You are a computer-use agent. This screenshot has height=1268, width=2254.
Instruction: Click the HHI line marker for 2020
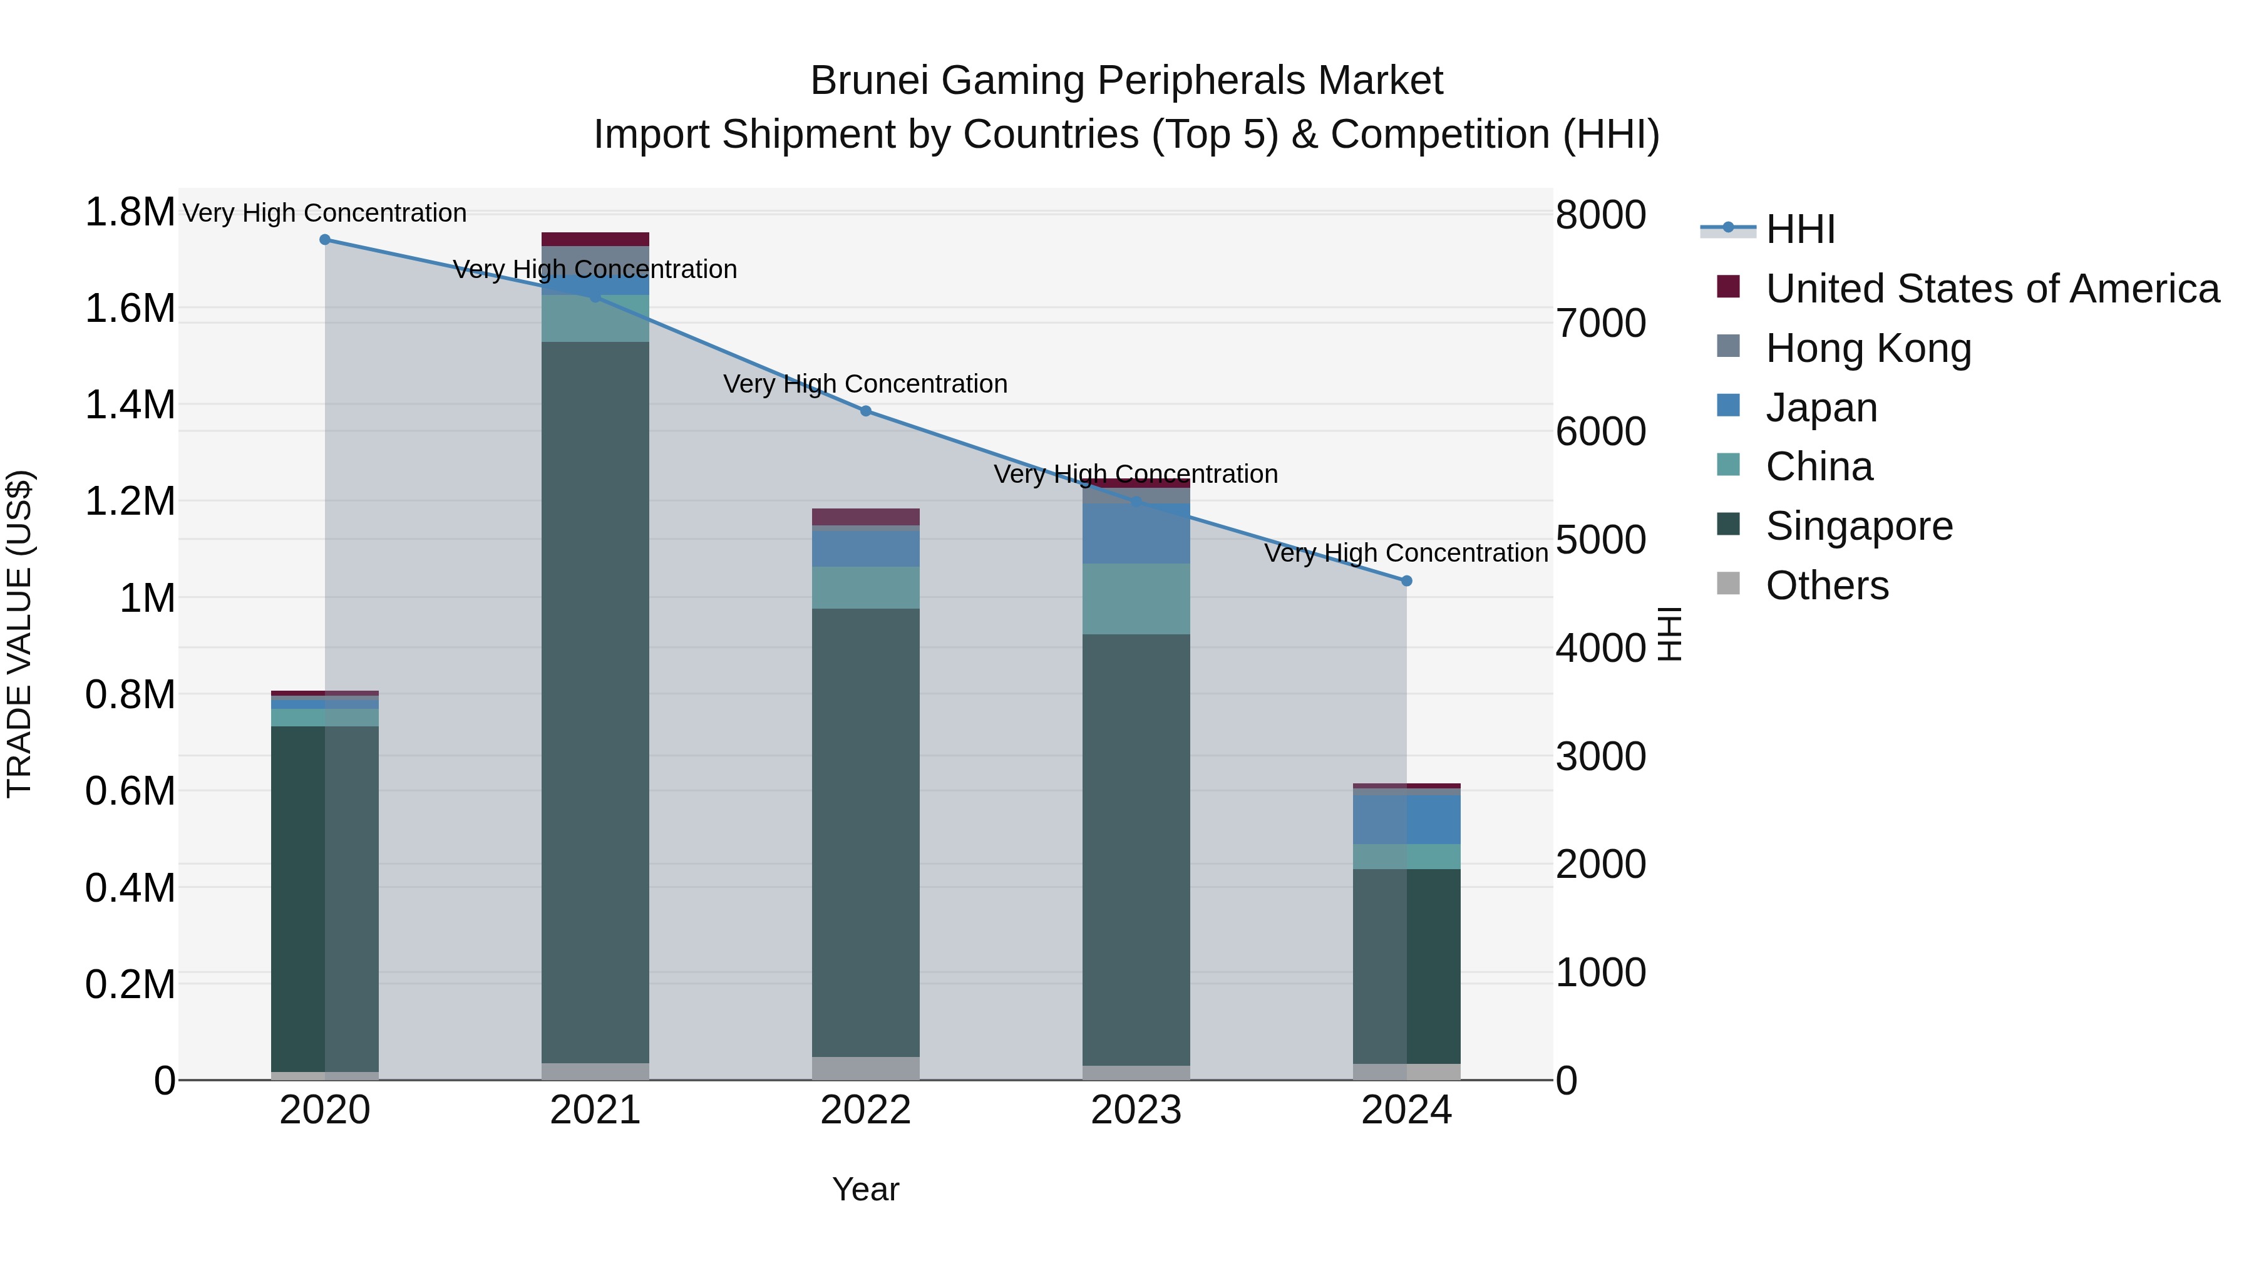click(324, 240)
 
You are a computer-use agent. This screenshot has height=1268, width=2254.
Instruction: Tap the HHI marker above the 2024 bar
click(1406, 581)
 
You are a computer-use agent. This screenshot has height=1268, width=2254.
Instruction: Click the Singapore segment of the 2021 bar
click(595, 700)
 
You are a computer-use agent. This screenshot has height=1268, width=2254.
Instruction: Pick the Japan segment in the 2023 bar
click(1136, 533)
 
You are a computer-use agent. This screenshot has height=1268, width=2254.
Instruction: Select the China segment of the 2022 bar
click(865, 587)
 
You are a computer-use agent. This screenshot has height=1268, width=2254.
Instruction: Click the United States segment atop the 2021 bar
click(595, 239)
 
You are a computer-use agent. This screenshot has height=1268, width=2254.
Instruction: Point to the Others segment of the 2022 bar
click(865, 1068)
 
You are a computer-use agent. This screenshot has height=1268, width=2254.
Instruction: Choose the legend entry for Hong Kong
click(1868, 348)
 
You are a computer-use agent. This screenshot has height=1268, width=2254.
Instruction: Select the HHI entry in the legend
click(1800, 229)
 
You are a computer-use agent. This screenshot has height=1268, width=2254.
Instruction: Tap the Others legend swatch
click(1728, 584)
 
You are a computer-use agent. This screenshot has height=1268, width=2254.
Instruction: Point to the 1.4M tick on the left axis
click(130, 405)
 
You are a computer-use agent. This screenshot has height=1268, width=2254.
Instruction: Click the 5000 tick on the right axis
click(1600, 540)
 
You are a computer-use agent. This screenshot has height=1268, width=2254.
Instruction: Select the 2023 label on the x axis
click(1136, 1110)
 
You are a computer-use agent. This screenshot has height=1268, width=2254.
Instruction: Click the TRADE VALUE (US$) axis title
click(19, 634)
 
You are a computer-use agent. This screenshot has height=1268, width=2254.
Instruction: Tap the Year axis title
click(865, 1189)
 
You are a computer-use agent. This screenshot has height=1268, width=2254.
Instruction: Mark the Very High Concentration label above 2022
click(865, 384)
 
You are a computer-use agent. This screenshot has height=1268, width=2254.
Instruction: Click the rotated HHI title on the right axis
click(1669, 634)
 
